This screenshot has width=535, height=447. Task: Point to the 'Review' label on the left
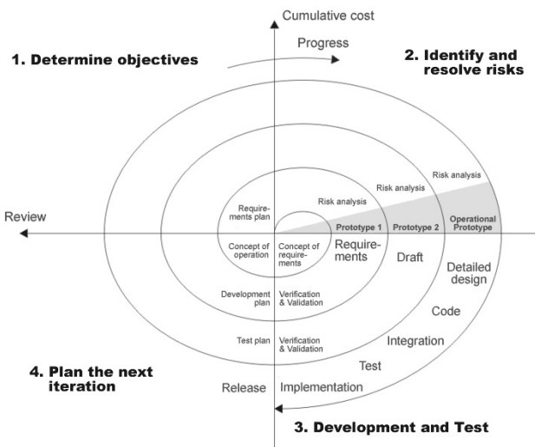click(25, 216)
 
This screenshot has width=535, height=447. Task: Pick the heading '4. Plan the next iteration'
click(91, 379)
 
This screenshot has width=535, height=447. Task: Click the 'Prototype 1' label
click(357, 227)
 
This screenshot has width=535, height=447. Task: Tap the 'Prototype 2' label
click(414, 227)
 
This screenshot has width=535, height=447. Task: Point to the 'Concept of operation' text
click(250, 251)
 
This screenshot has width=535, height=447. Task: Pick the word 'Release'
click(244, 387)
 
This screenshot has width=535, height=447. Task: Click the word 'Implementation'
click(321, 386)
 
